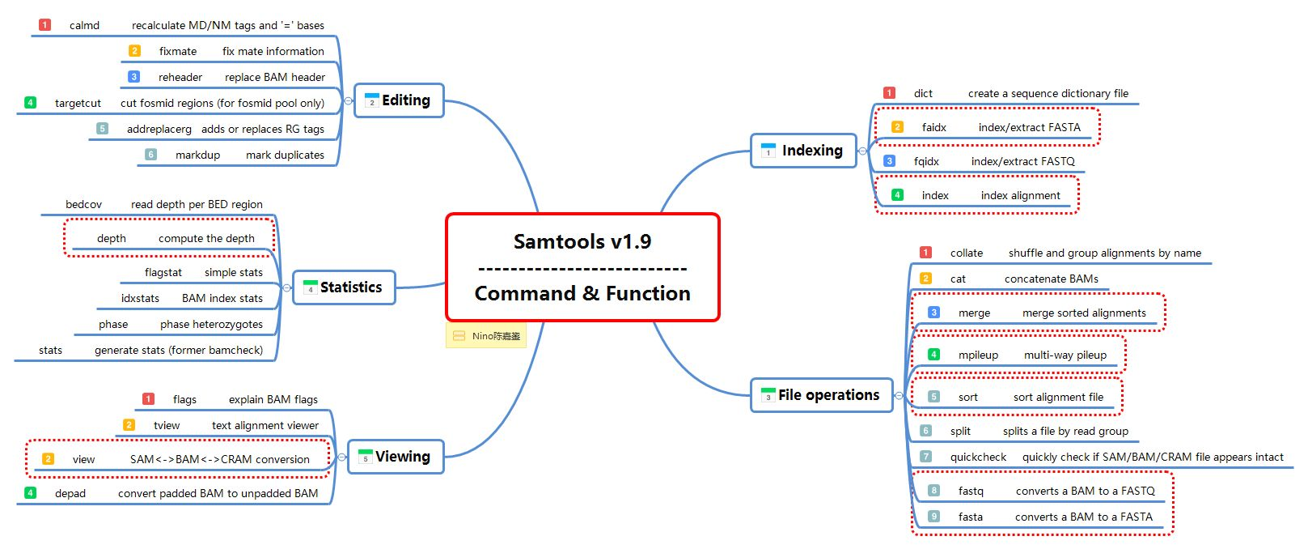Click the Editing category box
point(399,100)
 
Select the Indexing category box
point(803,151)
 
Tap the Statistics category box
point(344,287)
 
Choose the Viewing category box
point(396,457)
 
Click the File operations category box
point(822,395)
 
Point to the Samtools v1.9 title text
point(582,241)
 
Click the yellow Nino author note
point(486,335)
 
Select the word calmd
point(84,26)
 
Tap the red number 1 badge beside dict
point(889,93)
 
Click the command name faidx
point(933,127)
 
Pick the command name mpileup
point(978,355)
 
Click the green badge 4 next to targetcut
point(30,102)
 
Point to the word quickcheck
point(978,457)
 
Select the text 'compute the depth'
point(206,239)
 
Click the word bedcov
point(83,205)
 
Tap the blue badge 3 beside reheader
point(133,77)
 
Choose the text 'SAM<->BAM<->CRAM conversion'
point(219,460)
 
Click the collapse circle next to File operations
point(899,396)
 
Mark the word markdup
point(197,155)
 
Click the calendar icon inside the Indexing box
point(768,151)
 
